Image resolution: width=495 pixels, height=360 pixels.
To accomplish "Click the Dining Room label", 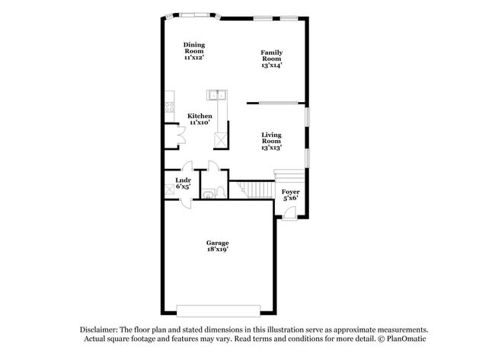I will coord(194,51).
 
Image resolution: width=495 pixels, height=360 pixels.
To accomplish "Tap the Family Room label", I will coord(272,59).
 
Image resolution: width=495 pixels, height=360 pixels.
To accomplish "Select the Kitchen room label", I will coord(200,119).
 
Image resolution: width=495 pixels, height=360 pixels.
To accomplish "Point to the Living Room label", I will coord(272,141).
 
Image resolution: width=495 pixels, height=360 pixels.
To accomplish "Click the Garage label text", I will coord(217,246).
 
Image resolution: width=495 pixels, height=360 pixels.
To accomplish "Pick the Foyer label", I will coord(290,194).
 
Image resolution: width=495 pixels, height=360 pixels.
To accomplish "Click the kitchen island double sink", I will coord(217,95).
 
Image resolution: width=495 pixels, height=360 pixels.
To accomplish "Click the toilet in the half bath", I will coord(219,192).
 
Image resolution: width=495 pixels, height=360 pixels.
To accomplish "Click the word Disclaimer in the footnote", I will coord(101,329).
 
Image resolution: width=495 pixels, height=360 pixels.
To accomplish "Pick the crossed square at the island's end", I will coord(220,140).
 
